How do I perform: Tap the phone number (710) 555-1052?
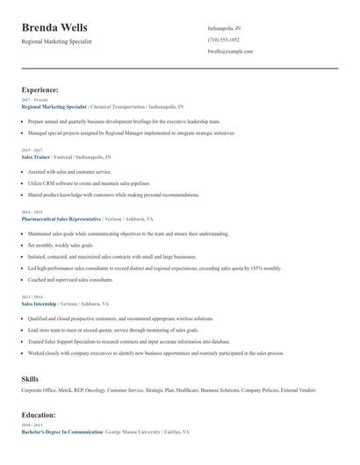pyautogui.click(x=223, y=39)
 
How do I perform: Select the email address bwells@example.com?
pyautogui.click(x=230, y=52)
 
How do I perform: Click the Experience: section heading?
pyautogui.click(x=40, y=89)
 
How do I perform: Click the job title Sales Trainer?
pyautogui.click(x=36, y=156)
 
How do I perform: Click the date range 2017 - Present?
pyautogui.click(x=33, y=100)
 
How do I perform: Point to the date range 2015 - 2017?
pyautogui.click(x=31, y=150)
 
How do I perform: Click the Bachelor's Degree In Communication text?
pyautogui.click(x=61, y=433)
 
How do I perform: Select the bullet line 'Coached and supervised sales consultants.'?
pyautogui.click(x=70, y=279)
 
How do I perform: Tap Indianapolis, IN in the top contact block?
pyautogui.click(x=224, y=28)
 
